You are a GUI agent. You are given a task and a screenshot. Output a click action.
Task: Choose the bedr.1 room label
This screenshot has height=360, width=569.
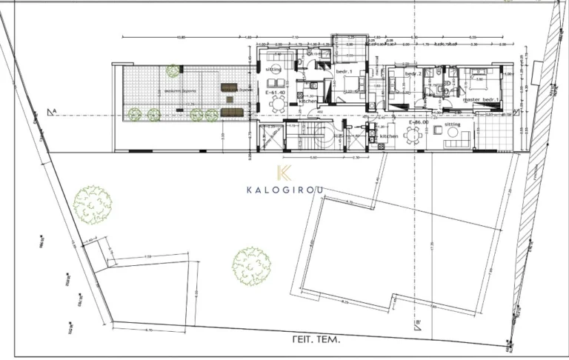[x=345, y=71]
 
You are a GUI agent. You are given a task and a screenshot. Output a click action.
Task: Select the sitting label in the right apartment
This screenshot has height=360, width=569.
[x=453, y=124]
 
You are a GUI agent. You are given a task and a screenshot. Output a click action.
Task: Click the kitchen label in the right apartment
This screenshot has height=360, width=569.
[x=390, y=137]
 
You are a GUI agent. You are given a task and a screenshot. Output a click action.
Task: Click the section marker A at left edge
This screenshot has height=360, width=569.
[x=52, y=113]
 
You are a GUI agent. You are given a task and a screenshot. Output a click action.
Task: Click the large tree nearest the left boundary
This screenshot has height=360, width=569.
[x=93, y=204]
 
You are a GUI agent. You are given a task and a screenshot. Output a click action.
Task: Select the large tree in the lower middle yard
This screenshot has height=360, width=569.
[x=251, y=264]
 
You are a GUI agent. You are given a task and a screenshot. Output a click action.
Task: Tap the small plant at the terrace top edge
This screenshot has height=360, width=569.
[x=173, y=70]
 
